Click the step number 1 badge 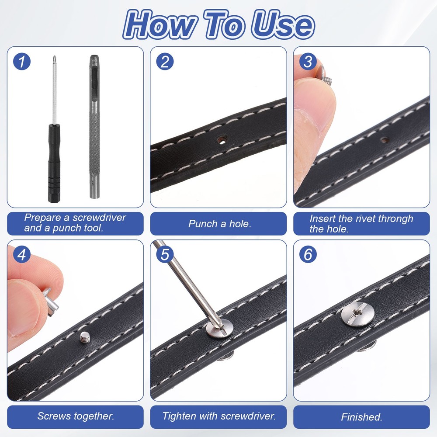pyautogui.click(x=22, y=62)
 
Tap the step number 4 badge pyautogui.click(x=22, y=254)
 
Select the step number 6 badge pyautogui.click(x=308, y=254)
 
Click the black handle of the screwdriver pyautogui.click(x=54, y=163)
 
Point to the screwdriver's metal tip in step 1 pyautogui.click(x=55, y=59)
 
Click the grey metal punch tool pyautogui.click(x=94, y=127)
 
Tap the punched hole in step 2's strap pyautogui.click(x=222, y=139)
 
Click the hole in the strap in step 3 pyautogui.click(x=385, y=140)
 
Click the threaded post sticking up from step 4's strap pyautogui.click(x=84, y=337)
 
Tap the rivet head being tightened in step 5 pyautogui.click(x=220, y=329)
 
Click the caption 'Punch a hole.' pyautogui.click(x=220, y=224)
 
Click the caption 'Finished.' pyautogui.click(x=361, y=417)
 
